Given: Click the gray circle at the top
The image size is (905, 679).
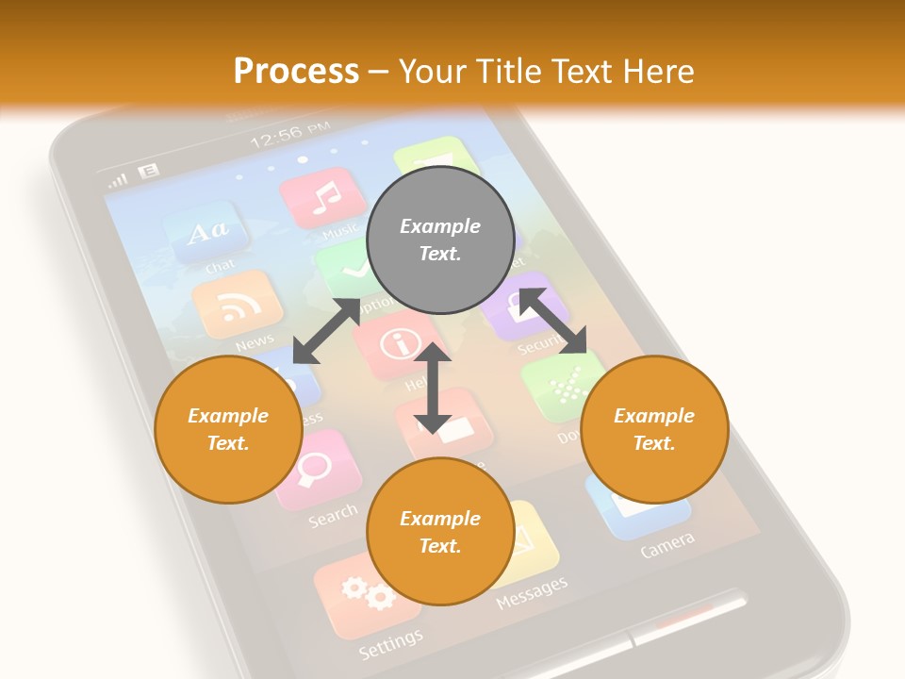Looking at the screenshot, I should (x=439, y=240).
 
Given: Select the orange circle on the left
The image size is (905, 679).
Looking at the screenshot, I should (x=228, y=430).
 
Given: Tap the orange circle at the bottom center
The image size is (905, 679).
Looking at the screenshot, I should (x=439, y=532).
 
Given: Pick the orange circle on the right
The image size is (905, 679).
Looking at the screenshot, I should (x=654, y=430).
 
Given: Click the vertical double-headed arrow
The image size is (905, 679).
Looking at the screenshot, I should (x=433, y=389).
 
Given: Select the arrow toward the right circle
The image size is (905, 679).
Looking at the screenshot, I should (x=552, y=321).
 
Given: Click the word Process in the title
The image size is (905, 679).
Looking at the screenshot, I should (x=296, y=71).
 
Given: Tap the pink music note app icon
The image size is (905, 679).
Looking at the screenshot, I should (x=323, y=197).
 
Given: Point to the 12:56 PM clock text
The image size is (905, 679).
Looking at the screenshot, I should (x=289, y=136).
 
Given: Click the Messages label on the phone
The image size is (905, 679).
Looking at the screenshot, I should (x=532, y=592).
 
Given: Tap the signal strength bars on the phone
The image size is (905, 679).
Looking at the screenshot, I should (x=118, y=179).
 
